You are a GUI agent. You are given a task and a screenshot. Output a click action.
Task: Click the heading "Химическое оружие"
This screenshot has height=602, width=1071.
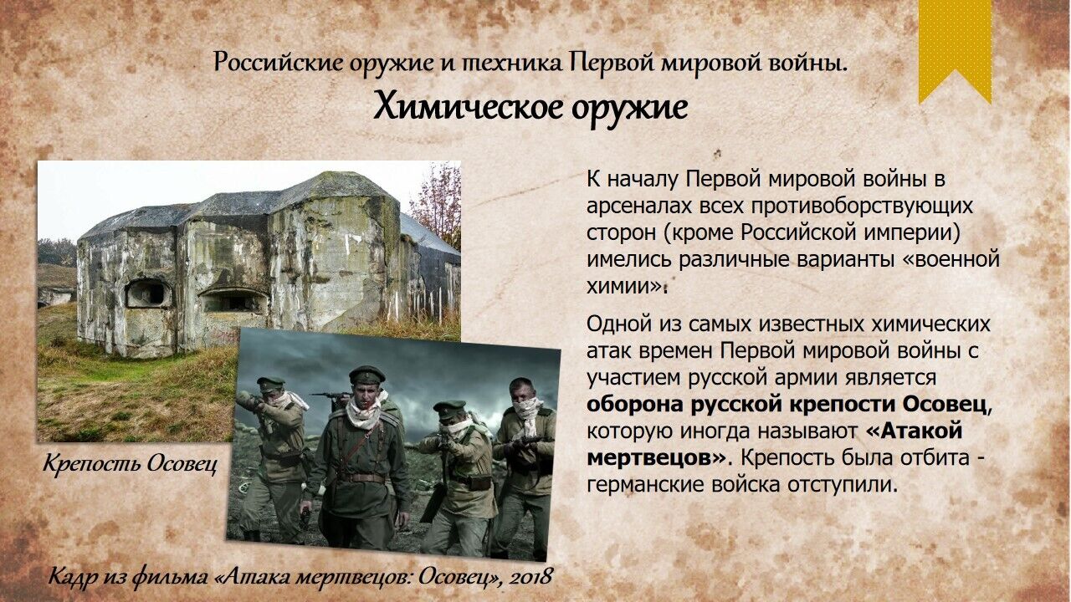click(x=530, y=108)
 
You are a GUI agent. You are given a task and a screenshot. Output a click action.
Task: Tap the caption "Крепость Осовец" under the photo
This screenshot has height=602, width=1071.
click(x=130, y=463)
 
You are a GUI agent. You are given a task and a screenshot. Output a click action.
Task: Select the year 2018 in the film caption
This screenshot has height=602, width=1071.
click(x=530, y=577)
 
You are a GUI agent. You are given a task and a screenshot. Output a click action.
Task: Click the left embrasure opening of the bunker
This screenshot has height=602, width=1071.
click(x=148, y=293)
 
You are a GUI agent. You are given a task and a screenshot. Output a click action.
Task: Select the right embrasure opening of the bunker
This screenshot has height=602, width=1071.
click(x=233, y=301)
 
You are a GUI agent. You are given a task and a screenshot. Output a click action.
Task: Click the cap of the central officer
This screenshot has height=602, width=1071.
click(x=366, y=375)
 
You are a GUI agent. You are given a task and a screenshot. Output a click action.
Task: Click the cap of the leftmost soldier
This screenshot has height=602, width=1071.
click(x=270, y=383)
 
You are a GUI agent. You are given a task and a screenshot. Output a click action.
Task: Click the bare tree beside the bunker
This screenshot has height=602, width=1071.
click(x=438, y=206)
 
